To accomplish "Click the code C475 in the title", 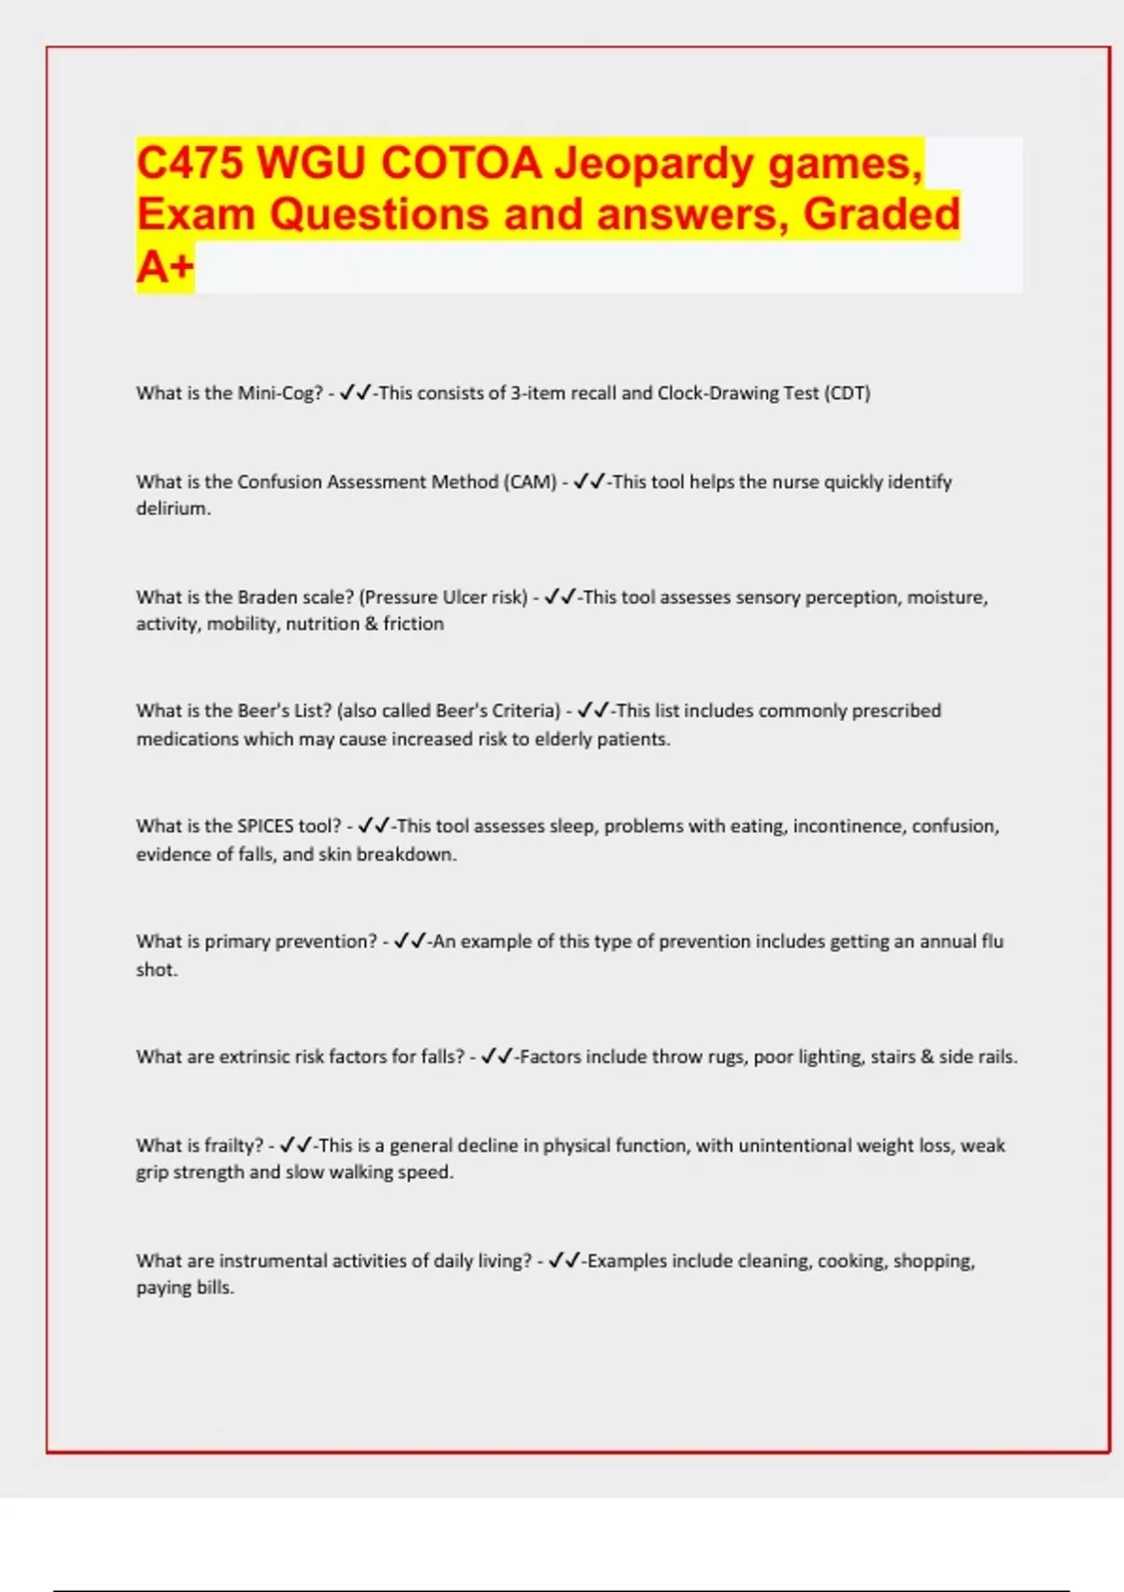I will (190, 163).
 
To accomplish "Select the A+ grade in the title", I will (165, 267).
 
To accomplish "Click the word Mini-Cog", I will (279, 393).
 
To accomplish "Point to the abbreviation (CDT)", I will (847, 393).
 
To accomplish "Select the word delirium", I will (172, 509).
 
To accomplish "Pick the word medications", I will (187, 739).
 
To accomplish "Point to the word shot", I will (155, 970).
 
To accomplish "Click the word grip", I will (152, 1172).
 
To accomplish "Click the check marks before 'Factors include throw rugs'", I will (496, 1056).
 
